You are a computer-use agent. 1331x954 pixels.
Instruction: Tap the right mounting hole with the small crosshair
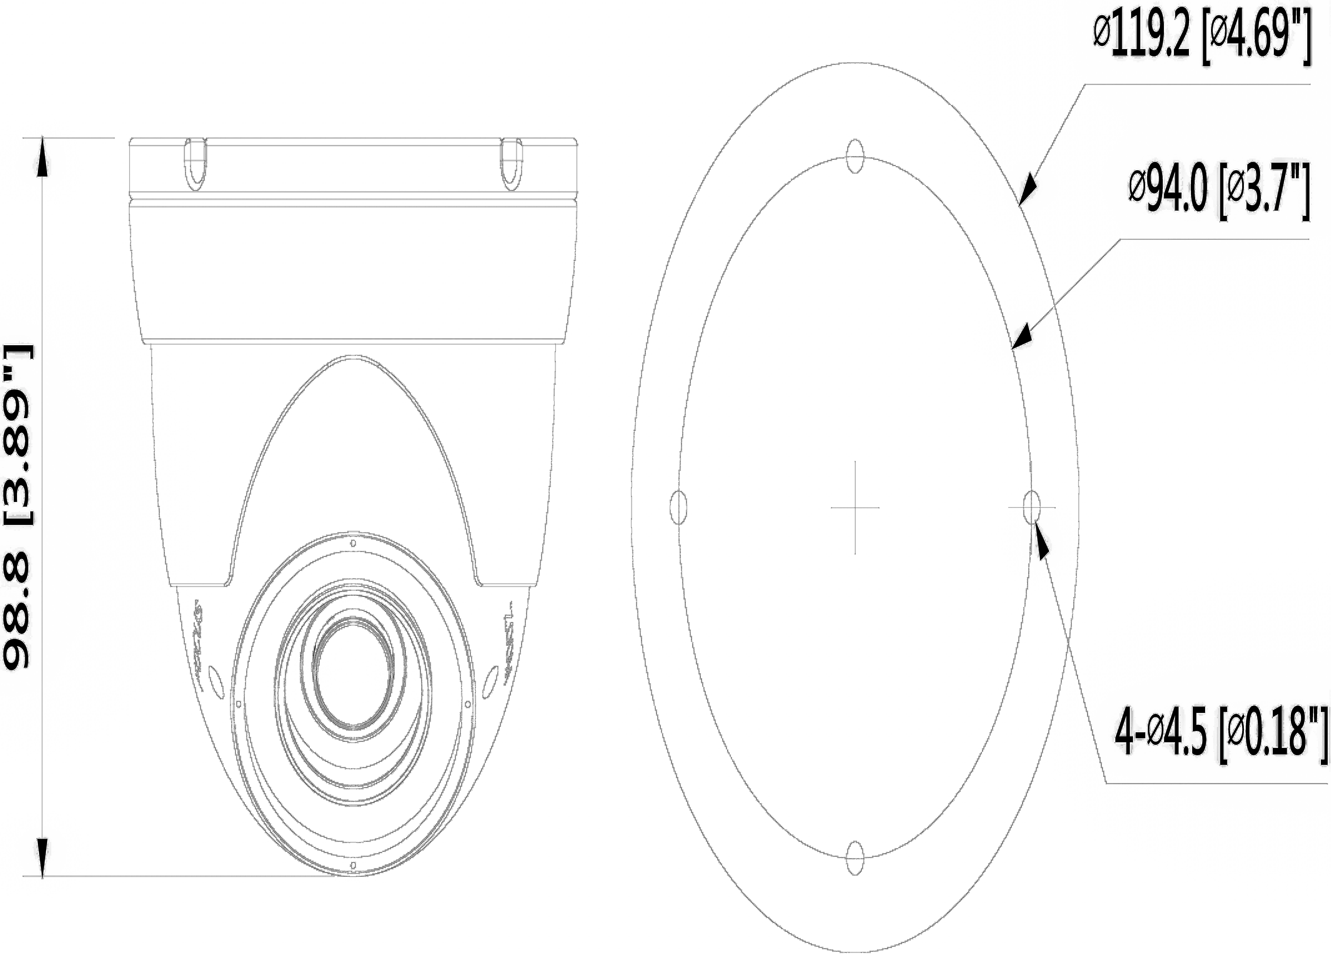[x=1031, y=507]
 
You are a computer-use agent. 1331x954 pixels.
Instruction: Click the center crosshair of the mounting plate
[x=855, y=507]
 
